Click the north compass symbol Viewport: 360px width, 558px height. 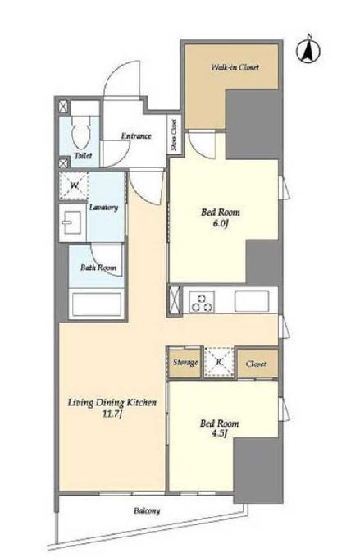point(308,49)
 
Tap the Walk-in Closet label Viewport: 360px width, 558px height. point(235,67)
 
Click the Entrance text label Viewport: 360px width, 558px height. point(136,135)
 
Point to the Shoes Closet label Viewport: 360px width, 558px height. point(175,135)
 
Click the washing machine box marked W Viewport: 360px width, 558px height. point(74,185)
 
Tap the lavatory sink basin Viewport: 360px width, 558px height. point(72,222)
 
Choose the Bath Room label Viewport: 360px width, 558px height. point(98,268)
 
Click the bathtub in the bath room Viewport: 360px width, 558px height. point(97,304)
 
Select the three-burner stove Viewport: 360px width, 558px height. point(202,302)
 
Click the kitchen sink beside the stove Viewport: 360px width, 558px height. point(251,301)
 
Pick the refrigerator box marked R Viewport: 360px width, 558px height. point(219,362)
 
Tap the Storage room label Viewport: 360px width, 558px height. point(185,363)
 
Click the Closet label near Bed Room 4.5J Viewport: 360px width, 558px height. point(256,364)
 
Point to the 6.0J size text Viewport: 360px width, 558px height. point(221,225)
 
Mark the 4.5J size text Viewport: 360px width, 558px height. point(219,434)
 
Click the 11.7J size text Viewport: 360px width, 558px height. point(112,414)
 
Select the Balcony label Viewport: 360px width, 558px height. point(147,511)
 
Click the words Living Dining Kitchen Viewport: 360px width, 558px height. point(112,403)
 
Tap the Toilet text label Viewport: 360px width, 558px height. point(84,156)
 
